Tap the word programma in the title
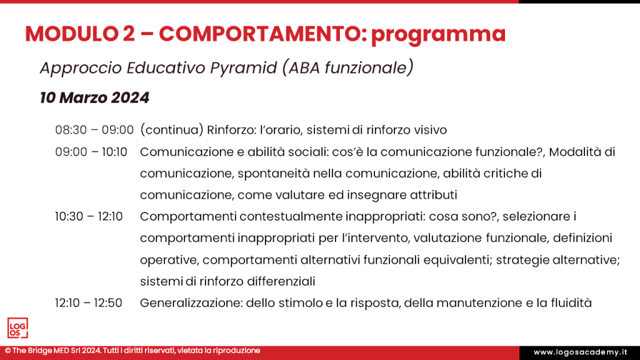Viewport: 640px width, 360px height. pyautogui.click(x=437, y=34)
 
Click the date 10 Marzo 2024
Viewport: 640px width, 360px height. pyautogui.click(x=94, y=97)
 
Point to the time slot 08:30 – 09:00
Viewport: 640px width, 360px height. pyautogui.click(x=94, y=130)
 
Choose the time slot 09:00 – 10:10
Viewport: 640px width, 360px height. pyautogui.click(x=91, y=151)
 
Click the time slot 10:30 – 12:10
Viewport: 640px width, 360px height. pyautogui.click(x=89, y=216)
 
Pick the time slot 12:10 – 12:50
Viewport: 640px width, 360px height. pyautogui.click(x=89, y=302)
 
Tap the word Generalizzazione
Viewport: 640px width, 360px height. pyautogui.click(x=190, y=302)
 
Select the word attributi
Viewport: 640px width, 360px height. pyautogui.click(x=436, y=194)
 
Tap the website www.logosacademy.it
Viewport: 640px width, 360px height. pyautogui.click(x=579, y=352)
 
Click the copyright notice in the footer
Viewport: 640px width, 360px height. pyautogui.click(x=132, y=351)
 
